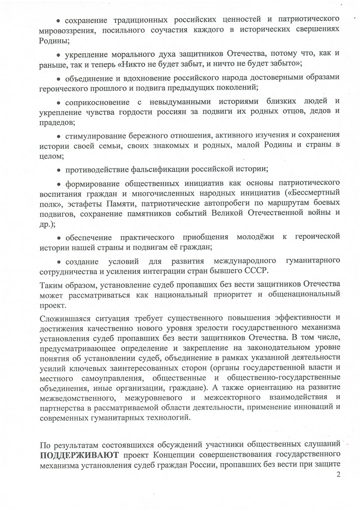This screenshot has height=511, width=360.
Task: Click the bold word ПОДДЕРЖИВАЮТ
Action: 79,455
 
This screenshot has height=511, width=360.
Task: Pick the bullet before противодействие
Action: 58,170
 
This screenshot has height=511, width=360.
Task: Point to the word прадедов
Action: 57,122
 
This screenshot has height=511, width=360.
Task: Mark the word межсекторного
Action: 232,397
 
